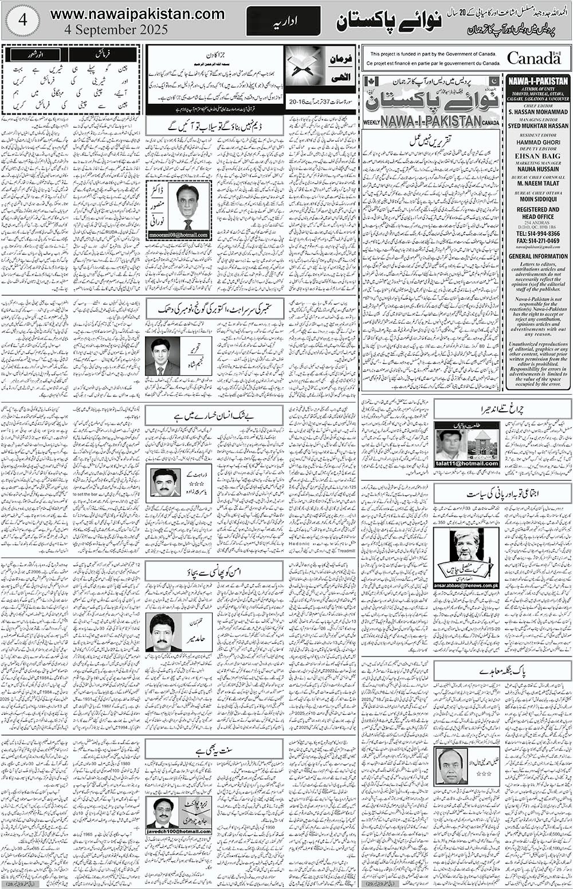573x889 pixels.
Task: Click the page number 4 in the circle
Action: pos(22,19)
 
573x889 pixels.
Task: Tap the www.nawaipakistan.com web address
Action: pos(137,14)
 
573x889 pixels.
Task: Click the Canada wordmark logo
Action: pos(533,58)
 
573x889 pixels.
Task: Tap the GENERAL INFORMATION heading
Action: pos(538,256)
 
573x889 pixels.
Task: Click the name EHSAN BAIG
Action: pos(537,155)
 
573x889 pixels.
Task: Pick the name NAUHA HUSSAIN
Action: pos(537,169)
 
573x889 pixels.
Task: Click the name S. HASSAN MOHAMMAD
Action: pos(537,113)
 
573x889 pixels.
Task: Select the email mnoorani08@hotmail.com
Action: pos(178,235)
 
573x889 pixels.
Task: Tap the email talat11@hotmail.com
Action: pos(466,463)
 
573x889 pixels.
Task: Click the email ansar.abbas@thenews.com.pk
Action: pos(466,585)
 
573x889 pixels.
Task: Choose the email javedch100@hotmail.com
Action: pos(178,831)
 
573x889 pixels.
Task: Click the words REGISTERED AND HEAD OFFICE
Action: pos(537,214)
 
